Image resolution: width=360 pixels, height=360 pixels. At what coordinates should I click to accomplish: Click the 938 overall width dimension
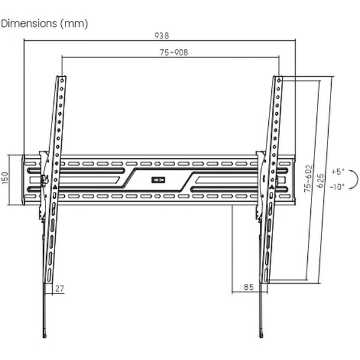161,35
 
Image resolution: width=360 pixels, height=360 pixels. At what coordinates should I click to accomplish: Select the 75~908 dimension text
174,53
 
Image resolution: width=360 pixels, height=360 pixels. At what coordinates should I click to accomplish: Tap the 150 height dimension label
5,178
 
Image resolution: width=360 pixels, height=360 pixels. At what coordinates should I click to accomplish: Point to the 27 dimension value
59,289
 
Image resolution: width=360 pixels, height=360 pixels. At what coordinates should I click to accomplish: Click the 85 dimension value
249,287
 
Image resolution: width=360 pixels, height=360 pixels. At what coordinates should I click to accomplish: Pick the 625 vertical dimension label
321,181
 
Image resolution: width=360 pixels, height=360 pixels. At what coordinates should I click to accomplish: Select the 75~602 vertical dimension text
308,178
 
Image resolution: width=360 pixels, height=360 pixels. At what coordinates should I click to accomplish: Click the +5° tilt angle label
338,172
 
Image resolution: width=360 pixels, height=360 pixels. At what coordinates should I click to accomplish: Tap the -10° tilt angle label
337,187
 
